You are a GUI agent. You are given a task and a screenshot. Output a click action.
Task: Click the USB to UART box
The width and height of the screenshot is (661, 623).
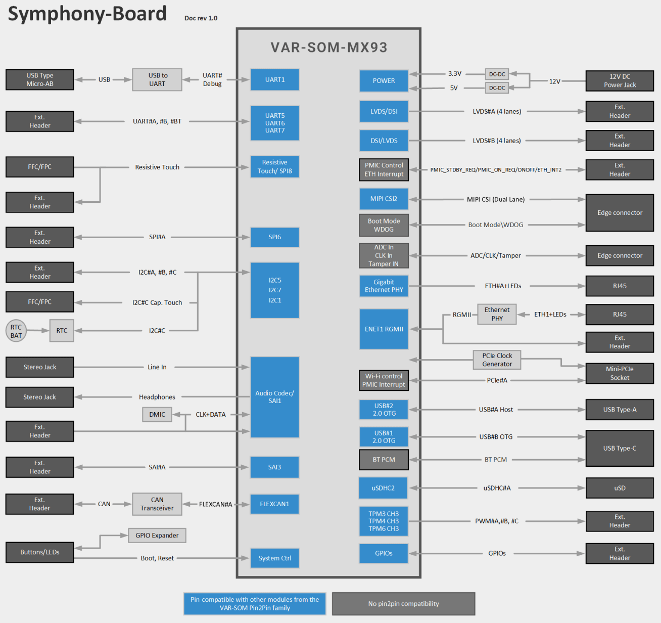point(157,80)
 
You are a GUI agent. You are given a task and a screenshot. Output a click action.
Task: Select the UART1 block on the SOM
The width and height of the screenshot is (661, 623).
point(275,80)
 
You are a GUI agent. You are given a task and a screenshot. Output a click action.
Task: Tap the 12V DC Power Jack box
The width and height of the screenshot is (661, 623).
point(620,81)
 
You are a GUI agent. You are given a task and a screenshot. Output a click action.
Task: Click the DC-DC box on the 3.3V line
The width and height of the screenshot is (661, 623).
point(497,74)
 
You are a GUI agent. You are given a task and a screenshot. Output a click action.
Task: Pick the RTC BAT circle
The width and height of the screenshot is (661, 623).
point(16,331)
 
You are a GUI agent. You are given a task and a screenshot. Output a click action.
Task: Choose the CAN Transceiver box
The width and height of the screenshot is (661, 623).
point(157,504)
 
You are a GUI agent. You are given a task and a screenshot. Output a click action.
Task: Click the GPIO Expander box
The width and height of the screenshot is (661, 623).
point(157,536)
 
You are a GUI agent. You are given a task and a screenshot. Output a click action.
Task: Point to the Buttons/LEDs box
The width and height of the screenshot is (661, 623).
point(40,552)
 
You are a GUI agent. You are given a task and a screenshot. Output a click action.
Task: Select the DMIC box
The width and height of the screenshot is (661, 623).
point(157,415)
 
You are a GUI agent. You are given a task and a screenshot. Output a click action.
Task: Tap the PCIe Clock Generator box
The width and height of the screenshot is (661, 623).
point(497,360)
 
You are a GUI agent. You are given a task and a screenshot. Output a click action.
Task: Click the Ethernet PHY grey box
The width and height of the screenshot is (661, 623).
point(497,315)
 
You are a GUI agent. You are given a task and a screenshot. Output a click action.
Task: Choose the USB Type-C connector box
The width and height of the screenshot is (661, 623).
point(620,449)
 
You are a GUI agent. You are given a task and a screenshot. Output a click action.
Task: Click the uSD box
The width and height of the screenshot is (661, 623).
point(620,488)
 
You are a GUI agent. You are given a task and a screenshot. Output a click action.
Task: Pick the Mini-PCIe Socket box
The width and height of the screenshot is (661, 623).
point(620,373)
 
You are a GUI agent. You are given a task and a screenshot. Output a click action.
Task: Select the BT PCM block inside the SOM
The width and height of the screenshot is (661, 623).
point(384,460)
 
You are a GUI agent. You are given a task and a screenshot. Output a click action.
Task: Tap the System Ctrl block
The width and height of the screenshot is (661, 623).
point(275,558)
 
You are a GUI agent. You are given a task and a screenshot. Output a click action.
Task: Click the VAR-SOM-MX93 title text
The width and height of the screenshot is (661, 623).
point(329,48)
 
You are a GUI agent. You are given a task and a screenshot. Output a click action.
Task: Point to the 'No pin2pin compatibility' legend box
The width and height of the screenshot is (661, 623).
point(403,604)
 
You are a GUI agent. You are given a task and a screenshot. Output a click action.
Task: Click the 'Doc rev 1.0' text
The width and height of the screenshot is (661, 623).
point(201,18)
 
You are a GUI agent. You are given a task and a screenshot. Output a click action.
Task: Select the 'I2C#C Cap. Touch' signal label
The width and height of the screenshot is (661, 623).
point(157,303)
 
